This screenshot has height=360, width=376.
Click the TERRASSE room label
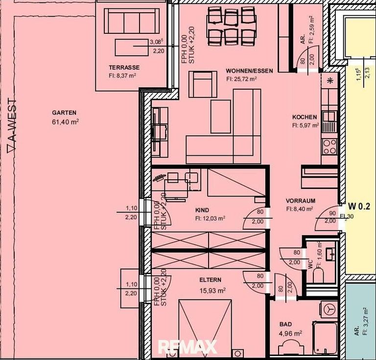(x=124, y=68)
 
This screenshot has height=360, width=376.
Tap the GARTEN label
(x=66, y=113)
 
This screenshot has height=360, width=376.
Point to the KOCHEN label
(x=305, y=118)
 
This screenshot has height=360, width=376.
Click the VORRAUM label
(x=300, y=201)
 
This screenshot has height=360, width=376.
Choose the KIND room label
(x=202, y=211)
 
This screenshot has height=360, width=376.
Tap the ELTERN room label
(x=210, y=280)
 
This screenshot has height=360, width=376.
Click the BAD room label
(x=285, y=324)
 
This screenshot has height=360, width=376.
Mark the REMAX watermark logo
(x=187, y=347)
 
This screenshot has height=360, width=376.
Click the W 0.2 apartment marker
(x=359, y=206)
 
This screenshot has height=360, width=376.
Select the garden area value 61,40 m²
(x=66, y=122)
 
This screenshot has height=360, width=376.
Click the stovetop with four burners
(x=329, y=145)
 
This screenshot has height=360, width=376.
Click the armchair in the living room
(x=203, y=84)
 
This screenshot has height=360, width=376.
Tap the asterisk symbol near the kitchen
(x=330, y=81)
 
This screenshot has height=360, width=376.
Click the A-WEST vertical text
(x=11, y=126)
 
